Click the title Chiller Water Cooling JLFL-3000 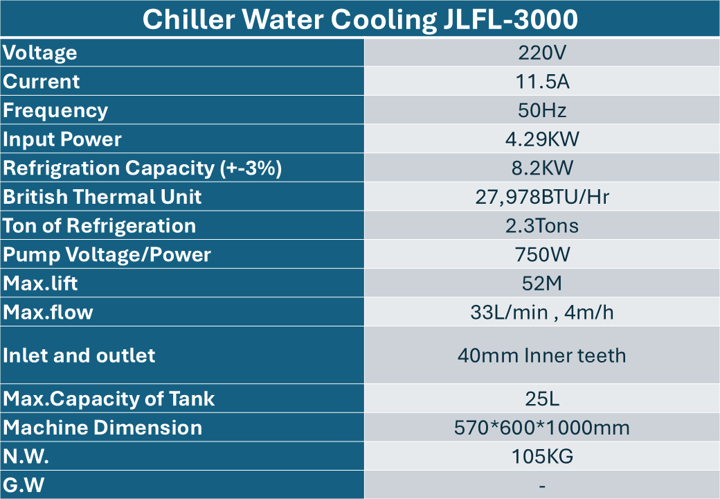tap(360, 19)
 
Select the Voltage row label tap(40, 53)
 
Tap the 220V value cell tap(542, 53)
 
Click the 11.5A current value tap(542, 82)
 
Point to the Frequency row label tap(55, 111)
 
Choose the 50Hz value tap(542, 111)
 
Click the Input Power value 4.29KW tap(542, 139)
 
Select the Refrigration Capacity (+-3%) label tap(142, 168)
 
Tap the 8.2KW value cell tap(542, 168)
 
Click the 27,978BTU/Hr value tap(542, 198)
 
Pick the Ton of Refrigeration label tap(100, 226)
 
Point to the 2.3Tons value tap(542, 226)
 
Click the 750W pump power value tap(542, 255)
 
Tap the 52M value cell tap(542, 284)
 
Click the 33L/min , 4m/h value tap(542, 313)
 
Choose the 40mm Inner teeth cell tap(542, 356)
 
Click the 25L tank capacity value tap(542, 399)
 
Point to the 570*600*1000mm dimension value tap(542, 428)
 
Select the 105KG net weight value tap(542, 457)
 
